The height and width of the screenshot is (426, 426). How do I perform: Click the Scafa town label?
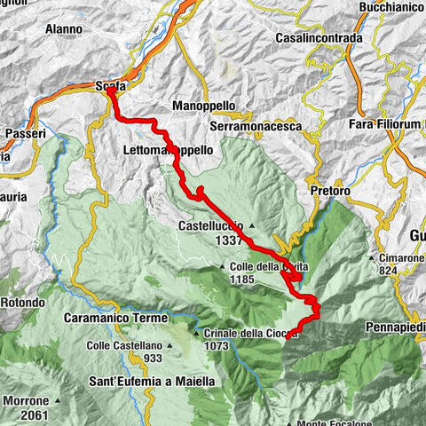pyautogui.click(x=111, y=86)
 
